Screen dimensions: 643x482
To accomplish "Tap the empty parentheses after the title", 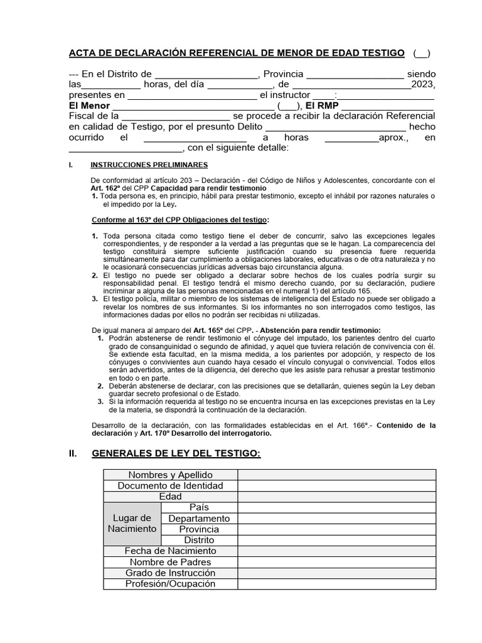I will pos(422,53).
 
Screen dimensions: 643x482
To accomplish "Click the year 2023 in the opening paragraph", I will pos(423,85).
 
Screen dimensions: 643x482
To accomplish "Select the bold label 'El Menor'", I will pos(89,106).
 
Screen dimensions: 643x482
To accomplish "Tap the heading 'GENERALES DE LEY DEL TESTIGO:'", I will pos(176,453).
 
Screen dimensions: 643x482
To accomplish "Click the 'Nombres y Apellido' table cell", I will pos(170,475).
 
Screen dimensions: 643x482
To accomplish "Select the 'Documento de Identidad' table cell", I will pos(170,485).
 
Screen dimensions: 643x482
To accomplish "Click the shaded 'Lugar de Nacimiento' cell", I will pos(132,523).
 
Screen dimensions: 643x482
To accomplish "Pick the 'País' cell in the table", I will pos(199,507).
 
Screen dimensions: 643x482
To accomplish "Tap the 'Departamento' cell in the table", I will pos(199,518).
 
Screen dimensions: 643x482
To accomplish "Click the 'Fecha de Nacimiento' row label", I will pos(170,551).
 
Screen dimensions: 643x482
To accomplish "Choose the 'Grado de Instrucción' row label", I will pos(170,573).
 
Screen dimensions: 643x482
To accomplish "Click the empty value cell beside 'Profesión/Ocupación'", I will pos(336,584).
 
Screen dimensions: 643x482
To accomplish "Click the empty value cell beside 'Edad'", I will pos(336,497).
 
